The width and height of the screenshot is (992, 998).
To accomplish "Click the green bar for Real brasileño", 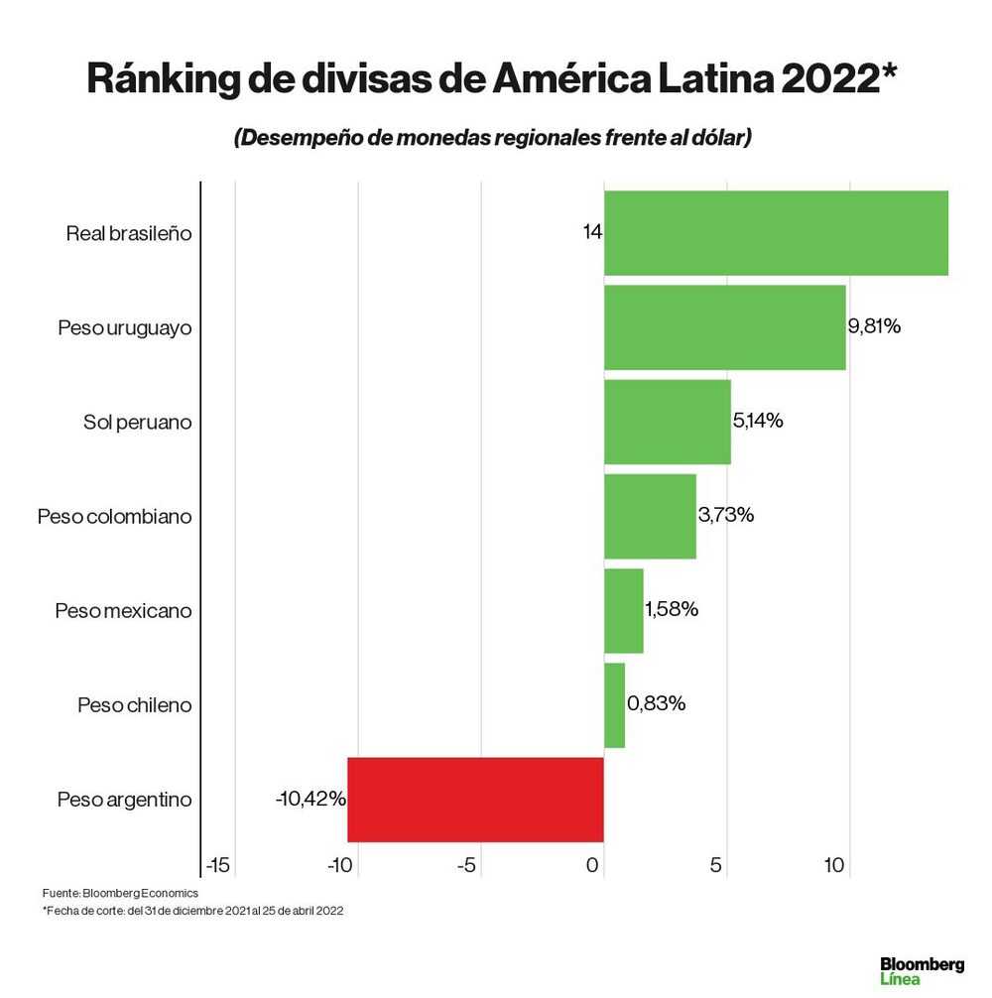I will click(x=776, y=233).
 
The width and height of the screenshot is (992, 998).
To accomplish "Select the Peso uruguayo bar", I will click(x=724, y=327).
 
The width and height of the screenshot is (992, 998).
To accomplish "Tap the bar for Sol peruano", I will click(x=667, y=422).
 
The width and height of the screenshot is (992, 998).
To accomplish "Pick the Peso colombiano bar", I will click(x=650, y=516).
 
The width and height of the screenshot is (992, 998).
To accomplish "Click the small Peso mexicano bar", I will click(x=623, y=611).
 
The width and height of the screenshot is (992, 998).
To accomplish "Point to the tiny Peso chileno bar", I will click(x=614, y=705).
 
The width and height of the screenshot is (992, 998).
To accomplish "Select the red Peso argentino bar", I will click(x=475, y=800).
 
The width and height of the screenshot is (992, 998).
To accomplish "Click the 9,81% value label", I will click(x=874, y=326).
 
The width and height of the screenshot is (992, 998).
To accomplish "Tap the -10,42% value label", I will click(x=310, y=799).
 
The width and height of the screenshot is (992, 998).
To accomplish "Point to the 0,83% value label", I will click(x=656, y=704).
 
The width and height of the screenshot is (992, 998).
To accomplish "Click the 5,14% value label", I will click(x=758, y=421).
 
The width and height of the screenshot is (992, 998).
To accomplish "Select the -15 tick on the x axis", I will click(x=217, y=866).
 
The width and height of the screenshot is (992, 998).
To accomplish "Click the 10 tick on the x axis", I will click(x=834, y=866).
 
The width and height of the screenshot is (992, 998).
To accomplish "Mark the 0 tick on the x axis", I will click(x=593, y=866).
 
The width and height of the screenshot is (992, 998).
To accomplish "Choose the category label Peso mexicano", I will click(x=123, y=611).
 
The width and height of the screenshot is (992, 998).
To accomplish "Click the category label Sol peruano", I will click(x=137, y=423).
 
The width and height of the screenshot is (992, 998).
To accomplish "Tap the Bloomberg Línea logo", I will click(x=922, y=970).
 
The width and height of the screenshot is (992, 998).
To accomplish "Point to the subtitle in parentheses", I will click(x=492, y=138).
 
